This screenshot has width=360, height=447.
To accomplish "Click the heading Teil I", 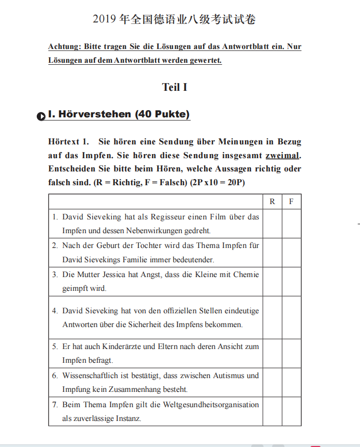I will pyautogui.click(x=174, y=87).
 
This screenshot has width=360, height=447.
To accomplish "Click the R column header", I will pyautogui.click(x=272, y=202).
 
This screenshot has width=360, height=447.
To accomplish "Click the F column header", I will pyautogui.click(x=291, y=202).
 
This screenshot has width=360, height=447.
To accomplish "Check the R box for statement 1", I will pyautogui.click(x=272, y=224).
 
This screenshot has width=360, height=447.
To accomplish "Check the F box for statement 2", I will pyautogui.click(x=291, y=253).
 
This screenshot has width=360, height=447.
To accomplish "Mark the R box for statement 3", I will pyautogui.click(x=272, y=281).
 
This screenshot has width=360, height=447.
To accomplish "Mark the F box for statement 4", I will pyautogui.click(x=291, y=317).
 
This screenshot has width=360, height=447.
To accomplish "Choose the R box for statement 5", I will pyautogui.click(x=272, y=353).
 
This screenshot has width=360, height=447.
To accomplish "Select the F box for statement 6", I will pyautogui.click(x=291, y=382).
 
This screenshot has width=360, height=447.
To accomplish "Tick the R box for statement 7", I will pyautogui.click(x=272, y=411).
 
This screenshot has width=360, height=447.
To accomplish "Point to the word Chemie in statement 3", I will pyautogui.click(x=246, y=275).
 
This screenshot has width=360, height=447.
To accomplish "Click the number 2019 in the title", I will pyautogui.click(x=104, y=20).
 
